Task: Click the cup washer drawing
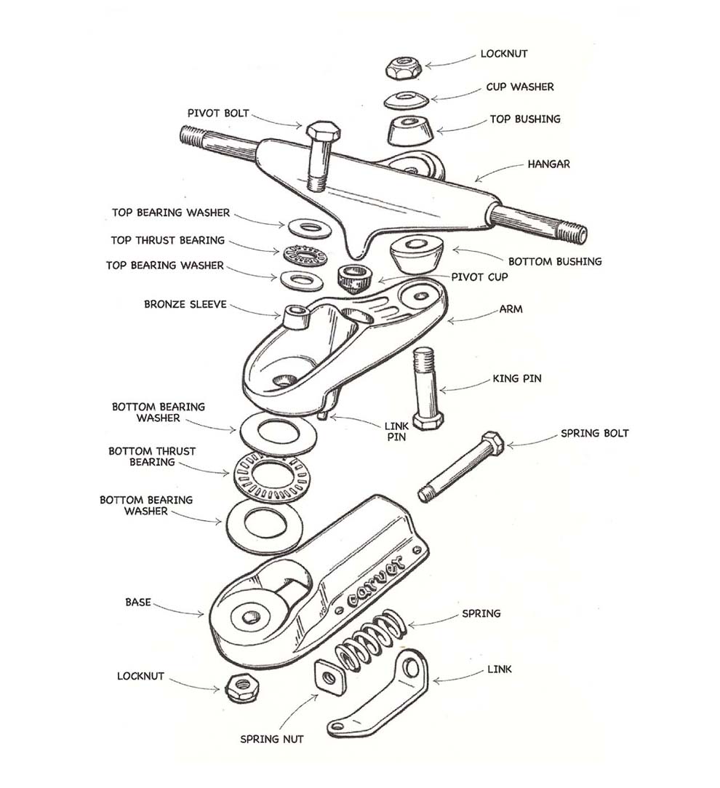[x=408, y=100]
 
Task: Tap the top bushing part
[x=409, y=130]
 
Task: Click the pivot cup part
[x=355, y=277]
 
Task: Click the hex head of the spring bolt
[x=492, y=442]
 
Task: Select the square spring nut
[x=329, y=677]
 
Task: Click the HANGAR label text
[x=548, y=164]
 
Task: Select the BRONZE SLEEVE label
[x=185, y=304]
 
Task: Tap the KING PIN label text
[x=517, y=379]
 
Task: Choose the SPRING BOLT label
[x=594, y=433]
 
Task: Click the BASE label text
[x=138, y=602]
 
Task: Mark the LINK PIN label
[x=395, y=431]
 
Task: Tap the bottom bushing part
[x=417, y=255]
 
